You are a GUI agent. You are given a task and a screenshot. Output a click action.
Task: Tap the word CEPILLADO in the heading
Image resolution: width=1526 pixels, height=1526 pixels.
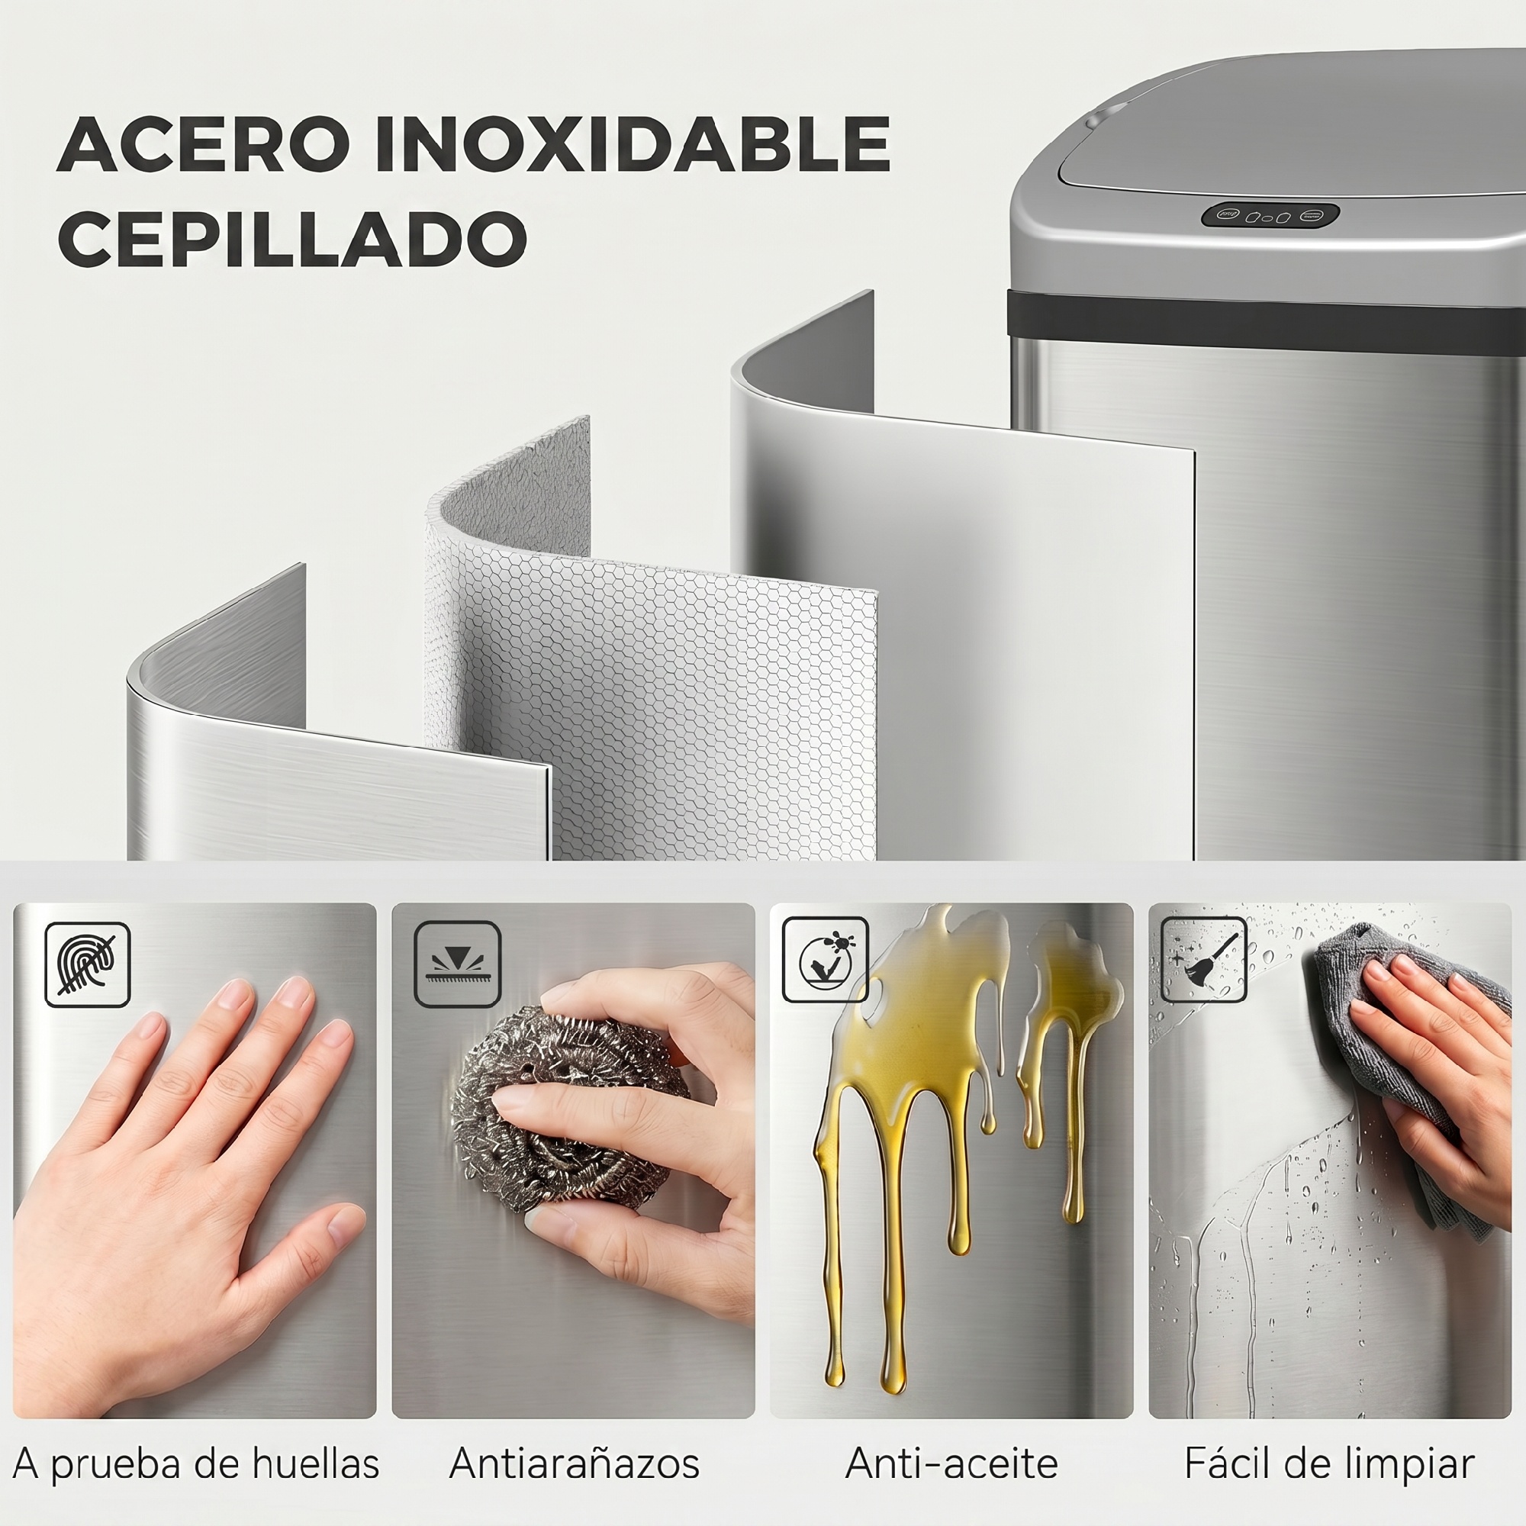pyautogui.click(x=292, y=238)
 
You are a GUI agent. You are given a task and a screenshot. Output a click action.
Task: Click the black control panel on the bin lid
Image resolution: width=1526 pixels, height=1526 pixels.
pyautogui.click(x=1271, y=216)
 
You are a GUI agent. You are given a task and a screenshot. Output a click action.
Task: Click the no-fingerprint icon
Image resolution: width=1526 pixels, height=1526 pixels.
pyautogui.click(x=87, y=964)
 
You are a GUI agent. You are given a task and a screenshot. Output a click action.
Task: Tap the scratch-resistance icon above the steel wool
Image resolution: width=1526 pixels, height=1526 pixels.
pyautogui.click(x=457, y=964)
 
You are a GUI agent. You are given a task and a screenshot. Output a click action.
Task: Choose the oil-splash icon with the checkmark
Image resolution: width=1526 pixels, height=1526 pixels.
pyautogui.click(x=825, y=959)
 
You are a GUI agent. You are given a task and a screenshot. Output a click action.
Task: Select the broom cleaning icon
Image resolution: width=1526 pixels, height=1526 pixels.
pyautogui.click(x=1204, y=959)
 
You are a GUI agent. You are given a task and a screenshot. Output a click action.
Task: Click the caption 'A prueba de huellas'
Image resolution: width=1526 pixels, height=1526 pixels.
pyautogui.click(x=196, y=1463)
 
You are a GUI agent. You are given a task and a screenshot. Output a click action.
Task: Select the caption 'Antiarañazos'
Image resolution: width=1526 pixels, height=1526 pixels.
pyautogui.click(x=575, y=1463)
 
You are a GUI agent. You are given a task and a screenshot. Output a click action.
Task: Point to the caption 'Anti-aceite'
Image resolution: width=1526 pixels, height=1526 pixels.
pyautogui.click(x=951, y=1463)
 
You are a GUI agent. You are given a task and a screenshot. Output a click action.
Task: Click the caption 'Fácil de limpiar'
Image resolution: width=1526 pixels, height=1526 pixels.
pyautogui.click(x=1329, y=1463)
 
